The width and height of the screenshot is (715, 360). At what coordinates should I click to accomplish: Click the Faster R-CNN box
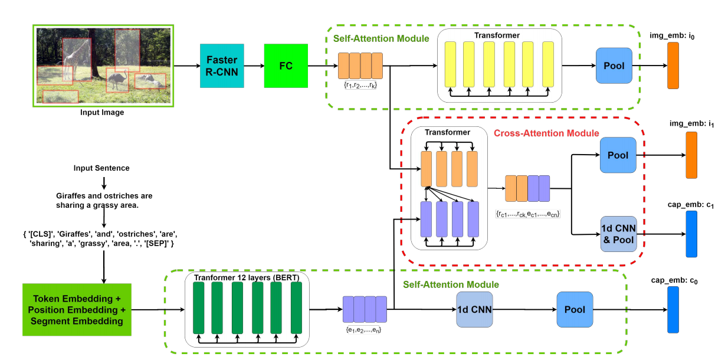click(x=222, y=66)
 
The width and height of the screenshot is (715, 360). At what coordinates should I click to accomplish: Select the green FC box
click(x=286, y=66)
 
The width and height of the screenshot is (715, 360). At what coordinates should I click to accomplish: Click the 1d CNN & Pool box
click(x=618, y=234)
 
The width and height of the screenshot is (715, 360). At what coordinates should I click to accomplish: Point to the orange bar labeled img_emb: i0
click(x=673, y=66)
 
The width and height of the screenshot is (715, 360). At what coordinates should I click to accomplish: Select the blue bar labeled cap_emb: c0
click(x=673, y=309)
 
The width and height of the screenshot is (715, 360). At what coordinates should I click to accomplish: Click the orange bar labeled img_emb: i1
click(x=691, y=155)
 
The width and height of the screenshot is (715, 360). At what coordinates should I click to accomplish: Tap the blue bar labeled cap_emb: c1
click(x=691, y=234)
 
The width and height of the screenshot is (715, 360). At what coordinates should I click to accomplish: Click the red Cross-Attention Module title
click(x=546, y=134)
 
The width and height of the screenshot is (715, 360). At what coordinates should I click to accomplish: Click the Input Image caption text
click(x=103, y=112)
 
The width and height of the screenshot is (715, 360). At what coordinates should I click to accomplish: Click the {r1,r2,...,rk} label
click(x=360, y=86)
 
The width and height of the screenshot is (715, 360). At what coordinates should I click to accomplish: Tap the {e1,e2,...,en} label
click(x=364, y=330)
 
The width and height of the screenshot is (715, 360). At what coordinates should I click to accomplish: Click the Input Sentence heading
click(x=101, y=168)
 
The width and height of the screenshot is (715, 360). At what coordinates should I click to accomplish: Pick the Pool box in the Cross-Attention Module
click(x=618, y=155)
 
